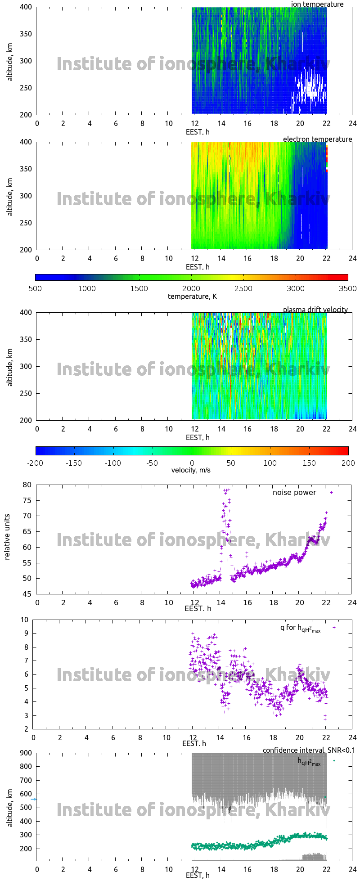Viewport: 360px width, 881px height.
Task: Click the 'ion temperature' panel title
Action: tap(317, 4)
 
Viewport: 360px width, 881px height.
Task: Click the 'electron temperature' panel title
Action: tap(317, 139)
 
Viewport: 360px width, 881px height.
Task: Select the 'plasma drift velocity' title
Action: tap(315, 310)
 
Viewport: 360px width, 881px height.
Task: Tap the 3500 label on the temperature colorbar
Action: tap(347, 288)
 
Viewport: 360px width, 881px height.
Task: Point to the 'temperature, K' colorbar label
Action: tap(192, 296)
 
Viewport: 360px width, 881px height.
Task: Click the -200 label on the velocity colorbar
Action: tap(35, 463)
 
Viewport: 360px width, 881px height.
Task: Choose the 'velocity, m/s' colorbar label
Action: tap(191, 470)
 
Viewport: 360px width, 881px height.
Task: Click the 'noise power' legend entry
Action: tap(294, 492)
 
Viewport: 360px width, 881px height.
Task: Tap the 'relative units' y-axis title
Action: tap(7, 539)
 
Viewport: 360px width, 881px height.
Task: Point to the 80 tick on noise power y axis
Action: tap(27, 485)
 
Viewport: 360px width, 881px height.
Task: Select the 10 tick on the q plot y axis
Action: tap(24, 620)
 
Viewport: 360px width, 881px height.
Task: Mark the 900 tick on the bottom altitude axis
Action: tap(25, 753)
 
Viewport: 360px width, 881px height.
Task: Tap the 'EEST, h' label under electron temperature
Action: tap(198, 267)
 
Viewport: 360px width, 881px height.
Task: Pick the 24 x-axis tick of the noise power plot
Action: tap(352, 602)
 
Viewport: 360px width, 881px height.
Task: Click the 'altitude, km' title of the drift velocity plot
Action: tap(10, 366)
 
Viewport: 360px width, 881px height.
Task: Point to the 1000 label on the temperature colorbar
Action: tap(87, 288)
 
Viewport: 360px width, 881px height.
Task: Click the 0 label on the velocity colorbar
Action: tap(192, 463)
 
